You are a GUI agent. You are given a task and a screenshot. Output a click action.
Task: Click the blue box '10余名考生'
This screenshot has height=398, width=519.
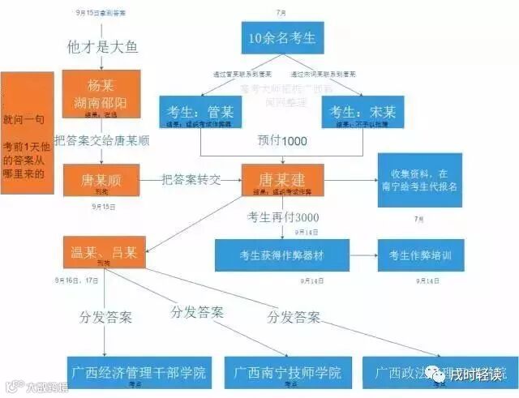283,38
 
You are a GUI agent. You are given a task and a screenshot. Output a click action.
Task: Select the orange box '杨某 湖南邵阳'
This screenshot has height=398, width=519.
102,93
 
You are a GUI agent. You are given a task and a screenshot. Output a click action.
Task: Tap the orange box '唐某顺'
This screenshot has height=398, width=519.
102,180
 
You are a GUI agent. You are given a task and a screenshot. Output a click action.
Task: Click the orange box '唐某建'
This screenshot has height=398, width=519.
282,180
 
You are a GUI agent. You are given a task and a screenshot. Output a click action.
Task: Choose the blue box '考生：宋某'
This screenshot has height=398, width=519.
362,113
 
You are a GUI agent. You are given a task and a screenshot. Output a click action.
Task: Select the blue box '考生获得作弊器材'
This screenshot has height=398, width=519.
281,255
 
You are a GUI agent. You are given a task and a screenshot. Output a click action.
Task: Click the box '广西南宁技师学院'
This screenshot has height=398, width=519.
289,374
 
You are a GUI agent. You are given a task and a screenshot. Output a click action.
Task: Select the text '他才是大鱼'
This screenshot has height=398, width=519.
102,46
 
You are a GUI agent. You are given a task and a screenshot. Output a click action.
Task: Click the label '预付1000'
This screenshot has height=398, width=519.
281,141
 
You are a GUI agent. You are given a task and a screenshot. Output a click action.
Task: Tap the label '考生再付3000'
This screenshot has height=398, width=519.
282,217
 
